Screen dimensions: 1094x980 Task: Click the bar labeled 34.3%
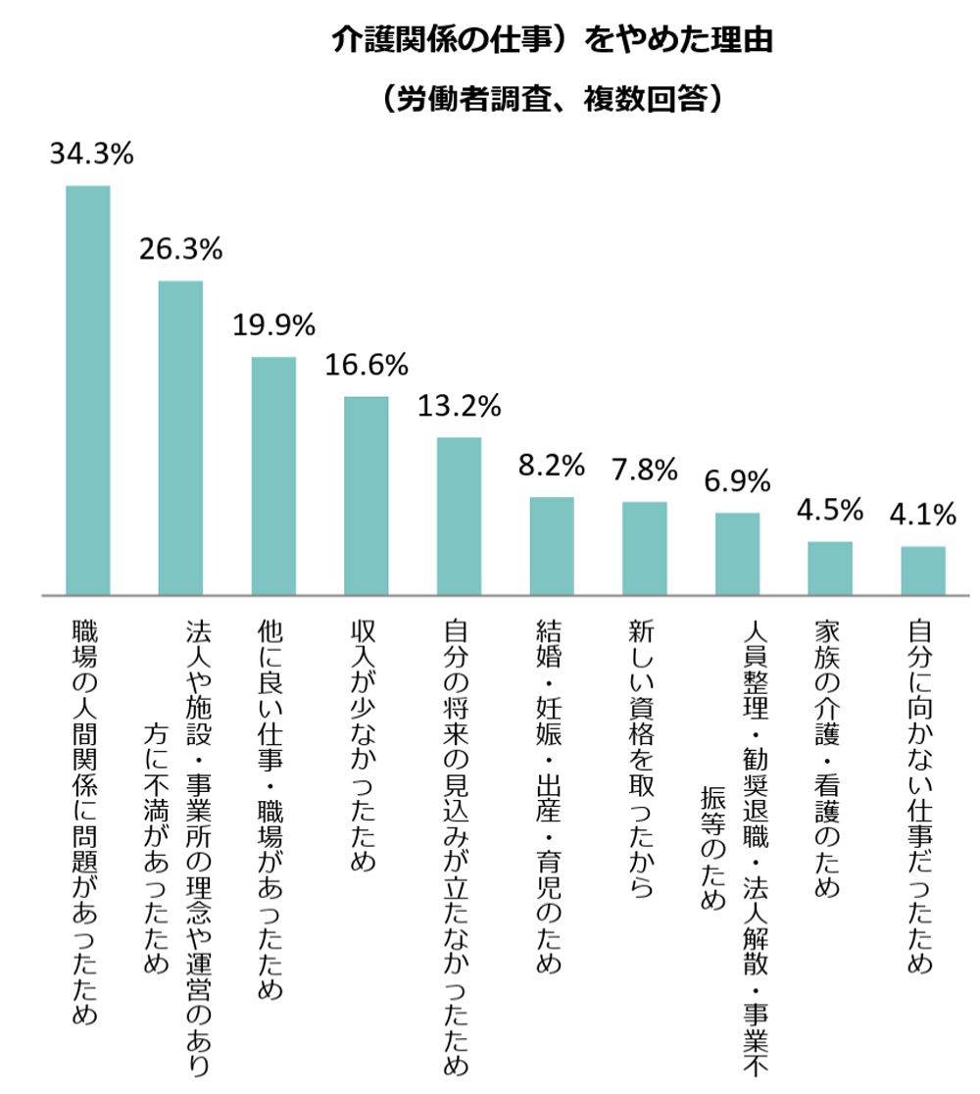pos(87,390)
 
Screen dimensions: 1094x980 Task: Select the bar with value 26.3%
pos(180,437)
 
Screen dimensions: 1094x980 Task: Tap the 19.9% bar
pos(273,475)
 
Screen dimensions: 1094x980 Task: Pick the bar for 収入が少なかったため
pos(367,495)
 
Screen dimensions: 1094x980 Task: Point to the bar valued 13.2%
pos(459,516)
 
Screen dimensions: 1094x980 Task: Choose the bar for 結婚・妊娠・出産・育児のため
pos(552,546)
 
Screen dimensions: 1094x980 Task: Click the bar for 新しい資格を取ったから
pos(645,548)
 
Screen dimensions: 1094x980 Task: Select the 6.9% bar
pos(737,554)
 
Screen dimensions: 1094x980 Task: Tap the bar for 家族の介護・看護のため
pos(830,568)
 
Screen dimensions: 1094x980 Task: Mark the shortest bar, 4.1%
pos(923,571)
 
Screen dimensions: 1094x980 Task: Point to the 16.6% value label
pos(367,366)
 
